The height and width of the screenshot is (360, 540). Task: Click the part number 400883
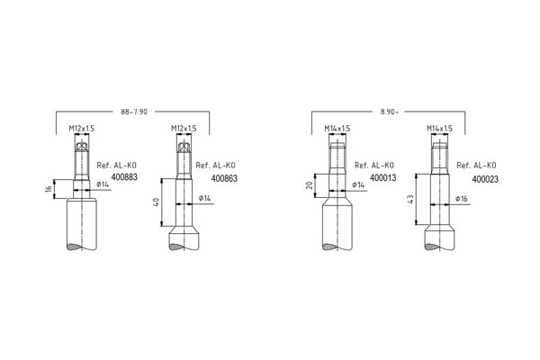(x=124, y=177)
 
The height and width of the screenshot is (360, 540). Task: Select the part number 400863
(x=224, y=178)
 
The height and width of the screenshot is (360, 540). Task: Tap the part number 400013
(x=383, y=178)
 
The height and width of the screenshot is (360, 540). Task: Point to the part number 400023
(x=485, y=179)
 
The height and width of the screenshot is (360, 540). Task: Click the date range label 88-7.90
(x=134, y=112)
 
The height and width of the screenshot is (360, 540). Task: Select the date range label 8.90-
(x=389, y=112)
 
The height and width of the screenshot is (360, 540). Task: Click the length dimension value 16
(x=49, y=189)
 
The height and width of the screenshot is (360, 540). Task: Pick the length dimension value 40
(x=156, y=202)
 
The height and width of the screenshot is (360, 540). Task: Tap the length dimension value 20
(x=310, y=185)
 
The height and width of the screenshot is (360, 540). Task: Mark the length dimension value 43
(x=410, y=200)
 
